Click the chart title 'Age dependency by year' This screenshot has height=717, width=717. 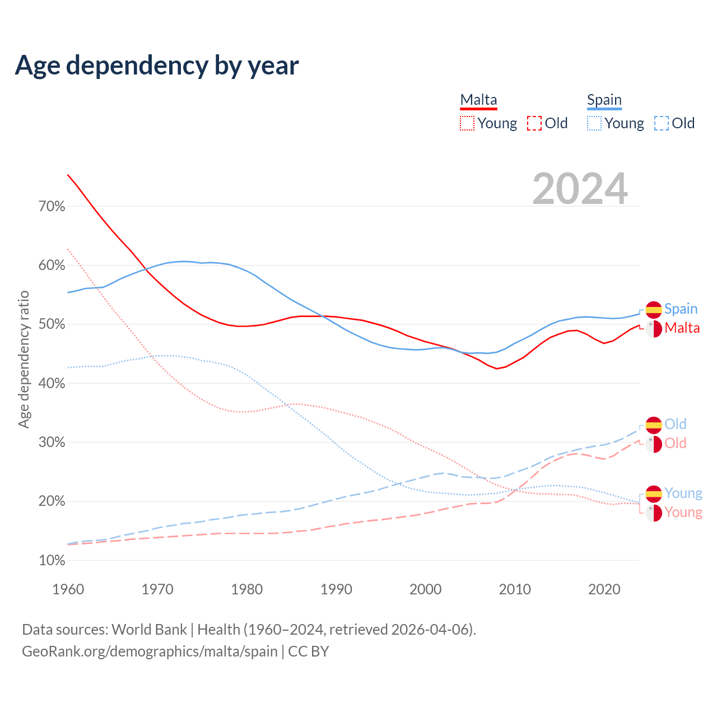click(157, 66)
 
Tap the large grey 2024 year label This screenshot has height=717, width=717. click(580, 189)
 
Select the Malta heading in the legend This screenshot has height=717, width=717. click(478, 100)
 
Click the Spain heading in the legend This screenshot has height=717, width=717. click(604, 100)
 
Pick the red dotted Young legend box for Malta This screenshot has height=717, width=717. click(467, 123)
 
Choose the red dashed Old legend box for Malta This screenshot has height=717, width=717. click(534, 123)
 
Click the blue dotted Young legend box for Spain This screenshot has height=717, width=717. click(594, 123)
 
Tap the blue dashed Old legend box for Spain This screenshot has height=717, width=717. click(662, 123)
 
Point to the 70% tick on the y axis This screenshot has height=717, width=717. click(52, 207)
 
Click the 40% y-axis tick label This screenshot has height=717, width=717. click(52, 384)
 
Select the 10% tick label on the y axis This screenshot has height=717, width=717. click(52, 561)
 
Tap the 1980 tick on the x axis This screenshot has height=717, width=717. click(247, 589)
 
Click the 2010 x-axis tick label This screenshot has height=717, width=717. click(515, 589)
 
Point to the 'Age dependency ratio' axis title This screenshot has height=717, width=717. click(24, 359)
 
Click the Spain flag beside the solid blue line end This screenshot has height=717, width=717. click(654, 309)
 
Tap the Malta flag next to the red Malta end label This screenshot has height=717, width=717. click(654, 328)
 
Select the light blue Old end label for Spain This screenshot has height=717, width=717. click(675, 424)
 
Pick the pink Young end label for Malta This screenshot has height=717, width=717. click(683, 512)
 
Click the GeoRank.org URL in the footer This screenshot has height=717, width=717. click(150, 651)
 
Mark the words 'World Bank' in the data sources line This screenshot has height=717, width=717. click(149, 630)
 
